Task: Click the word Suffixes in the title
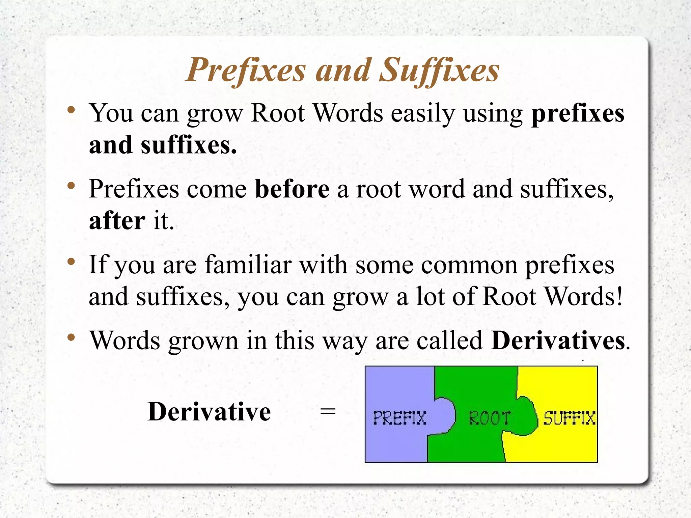click(x=439, y=70)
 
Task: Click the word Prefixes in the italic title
click(x=246, y=70)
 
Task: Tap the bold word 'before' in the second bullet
click(x=292, y=189)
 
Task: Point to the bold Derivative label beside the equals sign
click(x=209, y=412)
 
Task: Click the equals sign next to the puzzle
click(x=328, y=412)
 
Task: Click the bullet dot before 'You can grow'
click(x=71, y=110)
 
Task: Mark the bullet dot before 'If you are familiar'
click(x=71, y=262)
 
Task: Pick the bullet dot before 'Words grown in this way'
click(x=71, y=337)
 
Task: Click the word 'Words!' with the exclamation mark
click(x=584, y=296)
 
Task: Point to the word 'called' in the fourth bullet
click(x=449, y=340)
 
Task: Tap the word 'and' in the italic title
click(x=342, y=70)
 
